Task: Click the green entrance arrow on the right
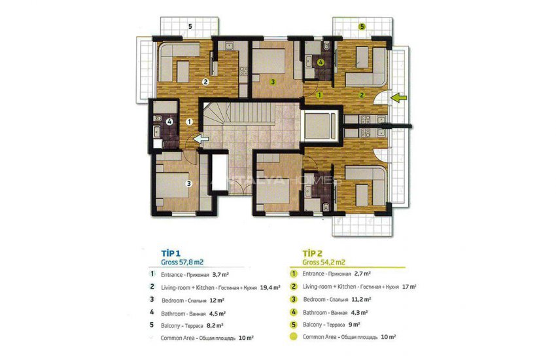(x=398, y=98)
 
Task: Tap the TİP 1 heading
(x=171, y=253)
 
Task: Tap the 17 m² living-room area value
(x=409, y=287)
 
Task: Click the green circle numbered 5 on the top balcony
(x=362, y=27)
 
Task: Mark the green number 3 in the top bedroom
(x=272, y=82)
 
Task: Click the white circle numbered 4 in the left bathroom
(x=169, y=121)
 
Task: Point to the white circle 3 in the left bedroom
(x=189, y=183)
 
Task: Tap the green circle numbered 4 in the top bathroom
(x=321, y=63)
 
